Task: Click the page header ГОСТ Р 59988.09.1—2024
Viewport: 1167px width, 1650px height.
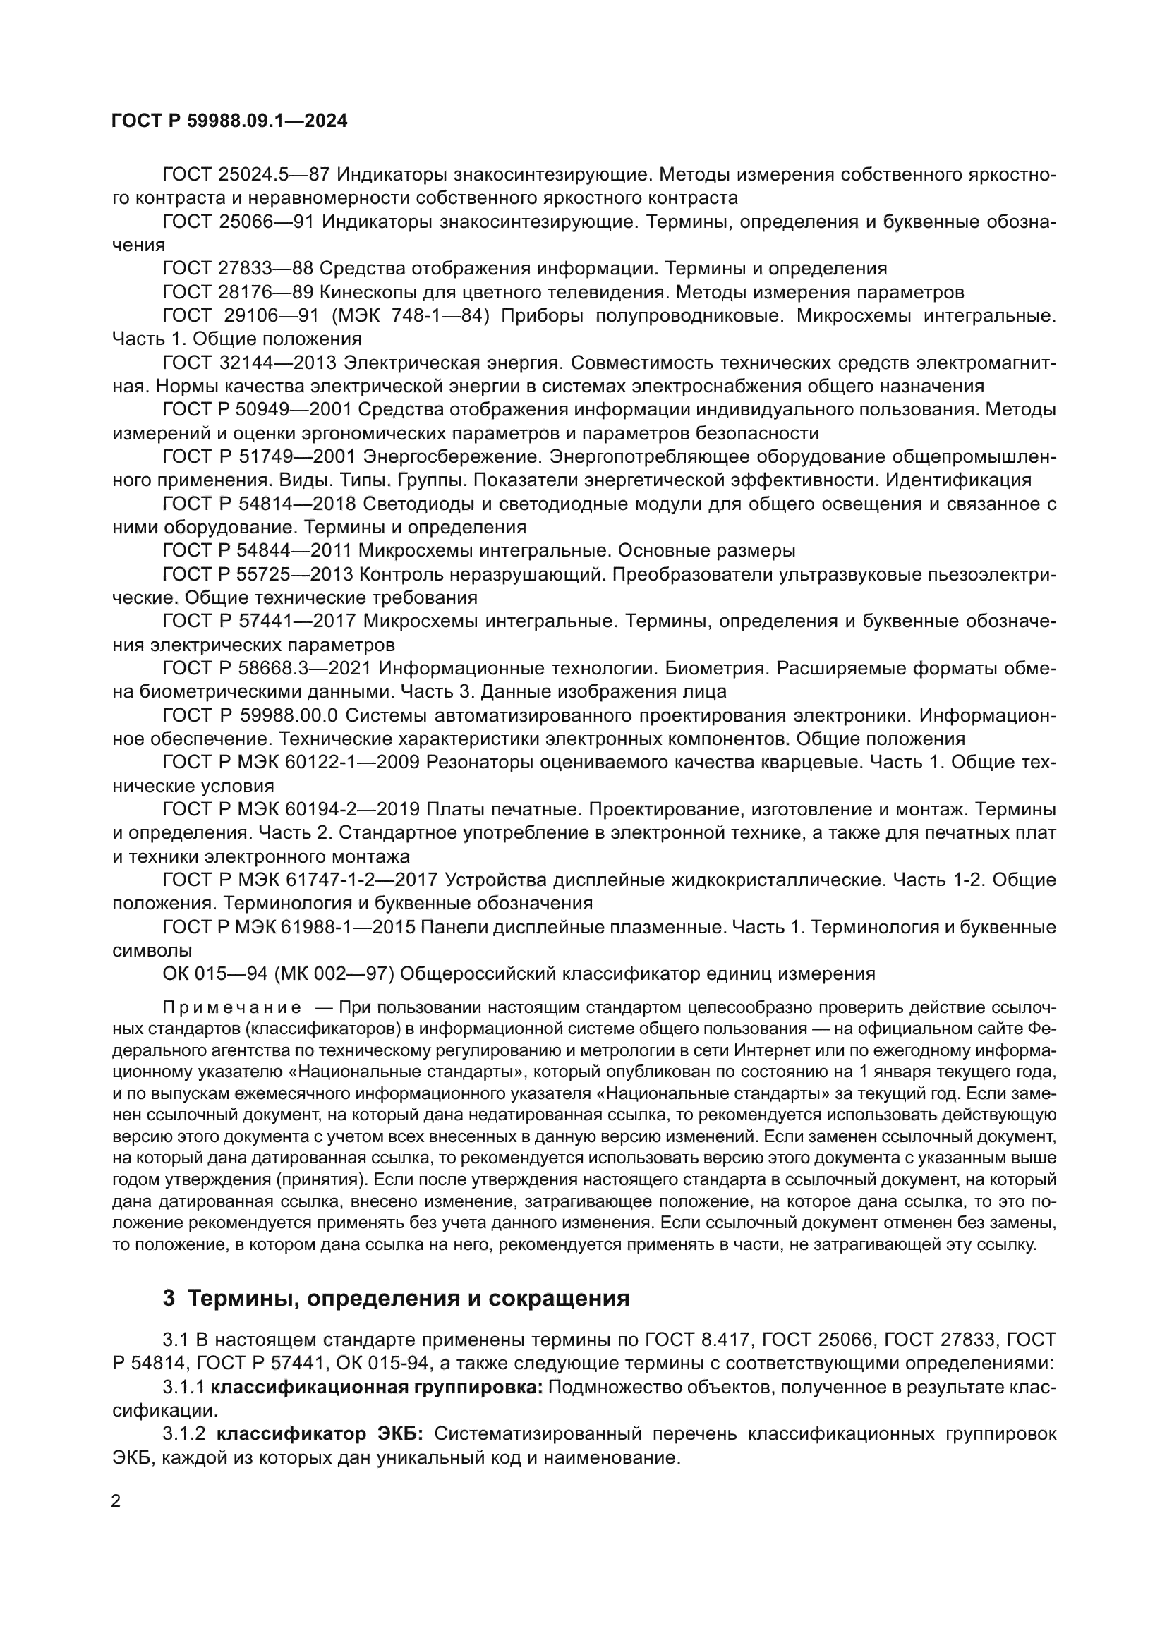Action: (x=229, y=121)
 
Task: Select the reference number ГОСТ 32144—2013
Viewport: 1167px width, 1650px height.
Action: (x=254, y=363)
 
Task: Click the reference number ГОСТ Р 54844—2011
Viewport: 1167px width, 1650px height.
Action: (x=257, y=551)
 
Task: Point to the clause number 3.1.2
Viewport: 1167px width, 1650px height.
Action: (x=185, y=1434)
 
